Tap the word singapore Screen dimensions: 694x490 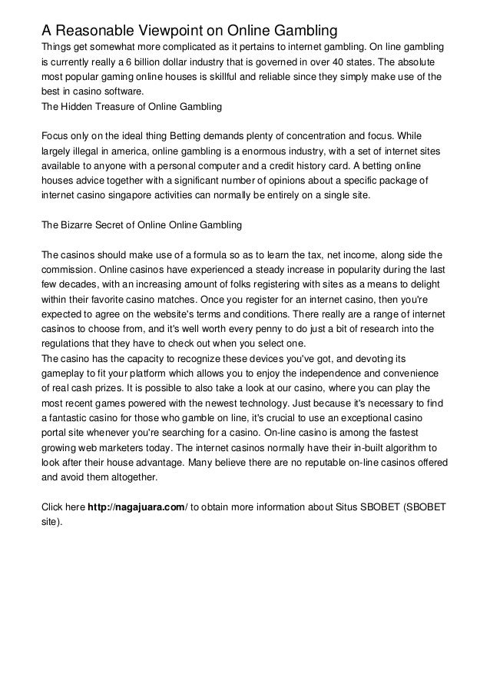point(127,196)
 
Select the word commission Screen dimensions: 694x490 point(68,269)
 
